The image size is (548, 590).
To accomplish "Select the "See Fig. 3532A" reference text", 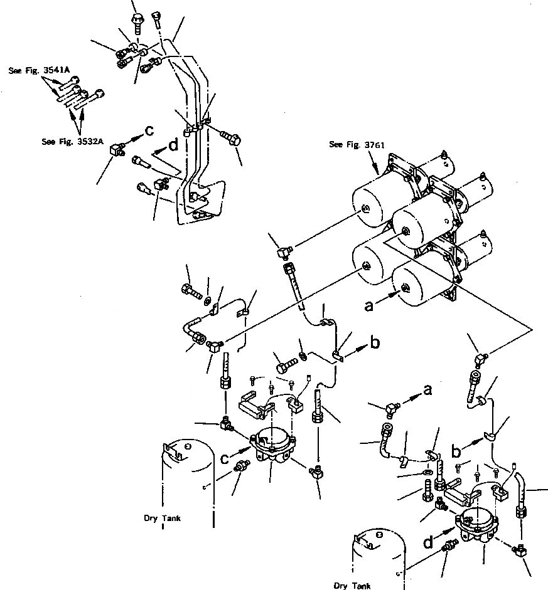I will click(72, 141).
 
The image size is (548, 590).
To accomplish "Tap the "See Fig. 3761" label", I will click(357, 145).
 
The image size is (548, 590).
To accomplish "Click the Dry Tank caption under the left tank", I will click(162, 519).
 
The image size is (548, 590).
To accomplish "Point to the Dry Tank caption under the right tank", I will click(352, 586).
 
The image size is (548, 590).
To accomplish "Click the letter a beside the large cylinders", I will click(370, 306).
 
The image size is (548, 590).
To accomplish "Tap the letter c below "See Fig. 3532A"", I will click(149, 130).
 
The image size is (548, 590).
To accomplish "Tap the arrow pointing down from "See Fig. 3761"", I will click(376, 166).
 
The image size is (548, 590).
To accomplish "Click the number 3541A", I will click(57, 71).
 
